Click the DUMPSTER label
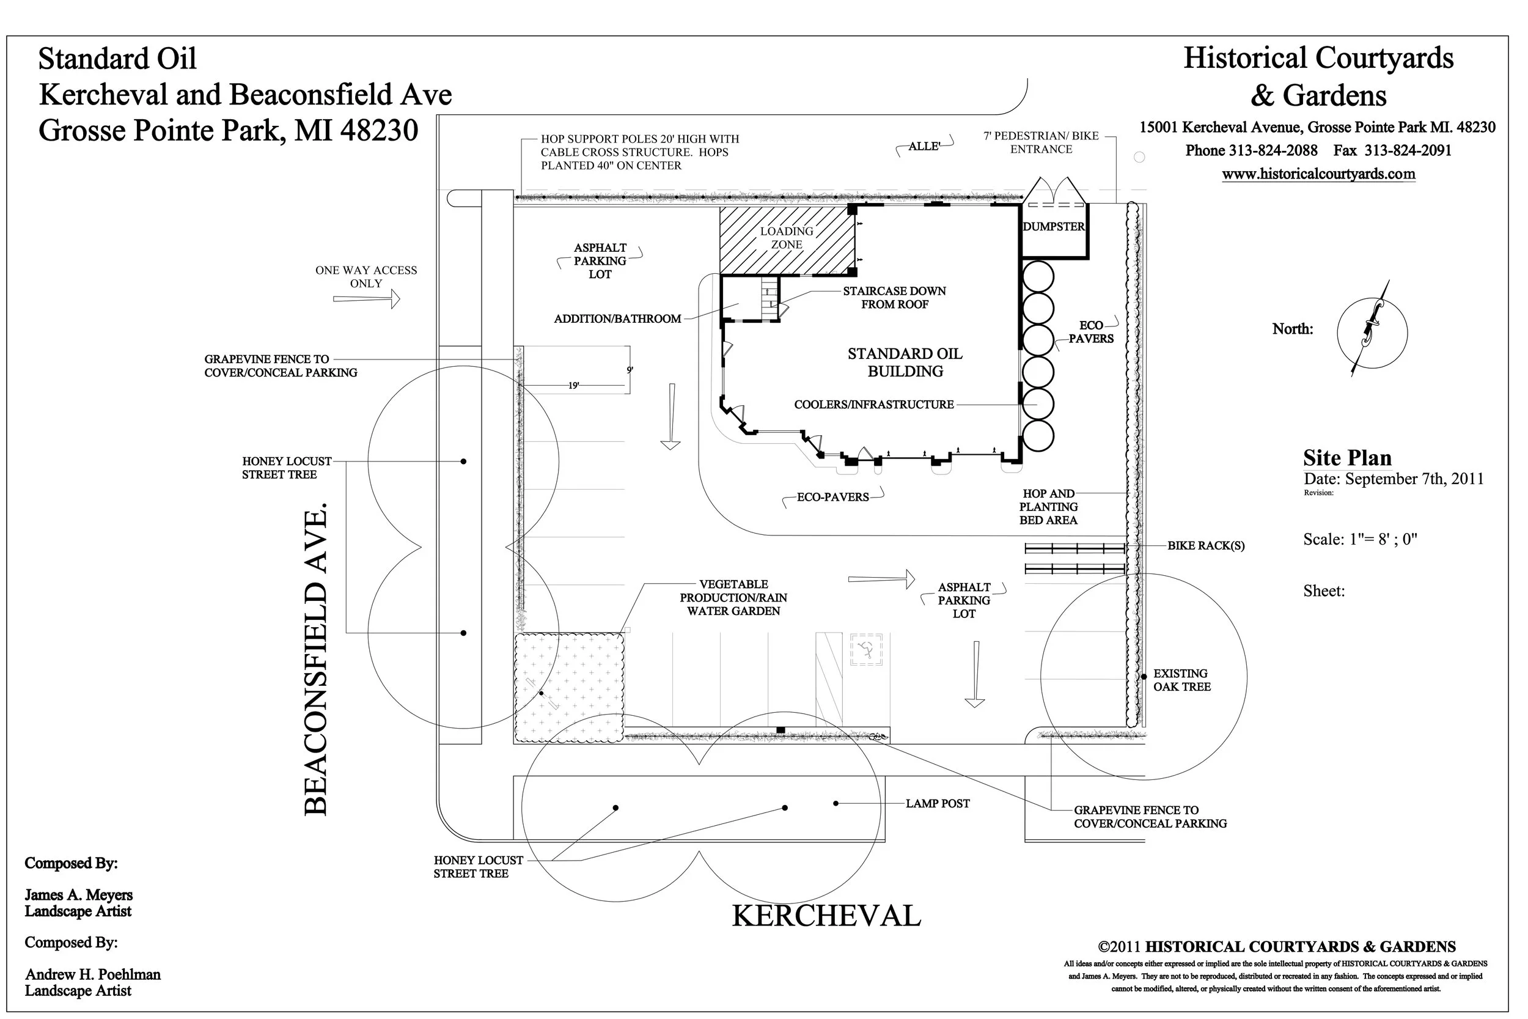(x=1053, y=227)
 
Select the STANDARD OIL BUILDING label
(x=905, y=362)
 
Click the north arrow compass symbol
(x=1372, y=332)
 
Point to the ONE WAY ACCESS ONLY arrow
(x=366, y=299)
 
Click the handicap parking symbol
(x=865, y=649)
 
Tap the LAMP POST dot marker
(x=836, y=804)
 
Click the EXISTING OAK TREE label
(x=1181, y=680)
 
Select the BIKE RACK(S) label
(x=1206, y=546)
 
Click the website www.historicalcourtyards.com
(x=1318, y=174)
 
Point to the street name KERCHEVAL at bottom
(x=826, y=916)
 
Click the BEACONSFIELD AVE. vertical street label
(x=317, y=660)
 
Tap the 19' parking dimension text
(x=574, y=385)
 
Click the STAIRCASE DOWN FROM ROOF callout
(x=894, y=298)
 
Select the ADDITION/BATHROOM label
(x=617, y=319)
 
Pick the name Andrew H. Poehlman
(x=93, y=975)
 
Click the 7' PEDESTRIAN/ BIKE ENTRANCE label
(x=1041, y=142)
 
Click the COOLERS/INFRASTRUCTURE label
(x=874, y=405)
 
